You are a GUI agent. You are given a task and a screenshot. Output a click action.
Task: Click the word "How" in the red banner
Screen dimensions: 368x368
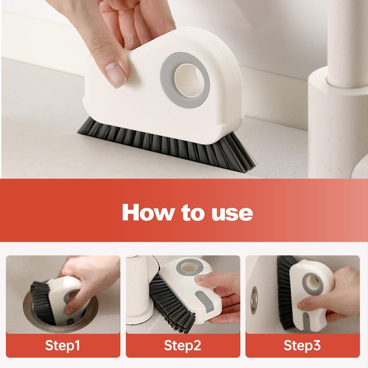[x=148, y=212]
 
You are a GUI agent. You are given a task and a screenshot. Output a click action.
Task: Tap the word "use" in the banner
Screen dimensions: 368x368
[x=232, y=213]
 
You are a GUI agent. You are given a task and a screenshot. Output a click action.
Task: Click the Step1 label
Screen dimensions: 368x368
[x=63, y=345]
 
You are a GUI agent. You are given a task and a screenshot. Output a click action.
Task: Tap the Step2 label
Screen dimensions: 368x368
[x=182, y=345]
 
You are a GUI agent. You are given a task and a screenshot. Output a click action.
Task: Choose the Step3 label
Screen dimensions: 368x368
[x=302, y=345]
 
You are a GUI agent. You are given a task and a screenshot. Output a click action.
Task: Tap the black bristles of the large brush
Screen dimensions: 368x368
[x=169, y=145]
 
